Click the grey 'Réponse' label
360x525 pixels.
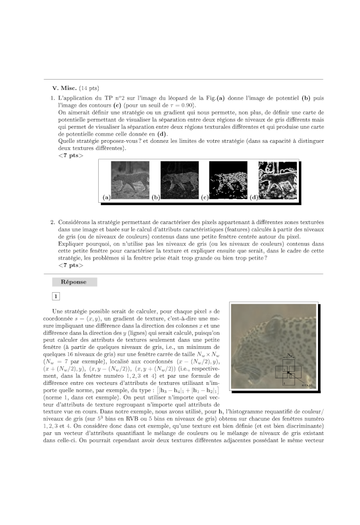coord(74,282)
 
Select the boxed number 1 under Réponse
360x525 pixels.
coord(56,296)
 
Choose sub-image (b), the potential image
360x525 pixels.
coord(176,181)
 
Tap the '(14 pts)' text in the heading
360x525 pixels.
coord(89,88)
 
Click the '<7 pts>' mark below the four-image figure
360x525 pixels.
coord(70,155)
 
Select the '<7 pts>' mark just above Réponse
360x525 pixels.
coord(70,265)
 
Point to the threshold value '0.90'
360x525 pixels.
coord(189,105)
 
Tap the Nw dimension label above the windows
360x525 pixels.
coord(290,354)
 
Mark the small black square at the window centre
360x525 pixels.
coord(289,372)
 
